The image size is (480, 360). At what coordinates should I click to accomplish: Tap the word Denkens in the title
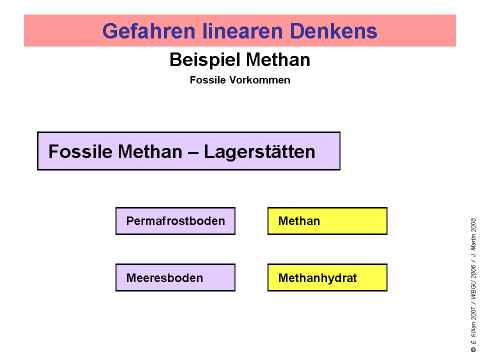(333, 31)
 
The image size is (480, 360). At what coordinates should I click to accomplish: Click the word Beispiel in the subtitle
(205, 59)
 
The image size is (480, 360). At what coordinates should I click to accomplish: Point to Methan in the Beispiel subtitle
(278, 59)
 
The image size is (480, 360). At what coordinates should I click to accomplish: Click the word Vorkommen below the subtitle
(260, 80)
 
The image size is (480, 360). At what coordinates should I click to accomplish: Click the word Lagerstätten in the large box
(259, 152)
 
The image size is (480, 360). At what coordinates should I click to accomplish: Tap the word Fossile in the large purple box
(80, 151)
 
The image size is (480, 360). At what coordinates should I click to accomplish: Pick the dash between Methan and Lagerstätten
(193, 152)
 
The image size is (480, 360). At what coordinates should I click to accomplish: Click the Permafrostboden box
(175, 221)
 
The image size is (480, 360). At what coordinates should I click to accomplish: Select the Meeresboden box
(175, 277)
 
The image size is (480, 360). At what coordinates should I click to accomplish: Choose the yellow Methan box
(327, 221)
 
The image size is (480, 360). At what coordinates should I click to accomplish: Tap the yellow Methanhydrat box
(327, 277)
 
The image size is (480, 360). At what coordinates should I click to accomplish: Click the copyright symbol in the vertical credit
(473, 349)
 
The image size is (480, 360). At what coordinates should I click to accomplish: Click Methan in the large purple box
(150, 151)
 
